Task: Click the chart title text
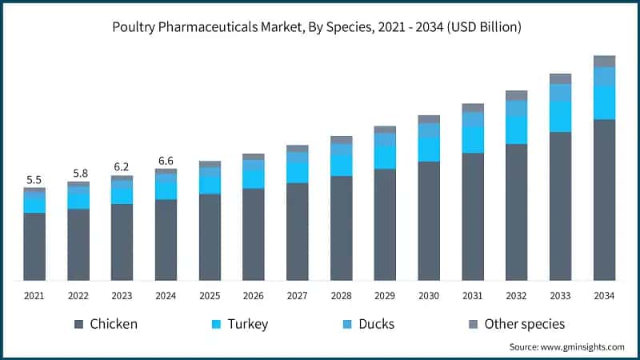(320, 27)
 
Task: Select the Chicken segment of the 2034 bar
(604, 200)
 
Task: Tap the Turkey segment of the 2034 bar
(604, 102)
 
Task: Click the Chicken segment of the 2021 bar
(34, 246)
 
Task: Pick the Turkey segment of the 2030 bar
(429, 149)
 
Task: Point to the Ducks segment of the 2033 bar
(560, 93)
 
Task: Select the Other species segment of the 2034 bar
(604, 62)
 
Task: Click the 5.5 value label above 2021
(34, 180)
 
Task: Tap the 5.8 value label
(78, 174)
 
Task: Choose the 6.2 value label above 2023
(122, 167)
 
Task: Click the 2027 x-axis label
(298, 296)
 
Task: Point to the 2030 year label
(429, 296)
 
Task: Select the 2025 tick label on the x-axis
(210, 296)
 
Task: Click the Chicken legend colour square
(78, 324)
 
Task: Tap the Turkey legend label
(247, 324)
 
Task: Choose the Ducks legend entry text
(376, 324)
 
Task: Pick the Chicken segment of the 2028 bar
(341, 228)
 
